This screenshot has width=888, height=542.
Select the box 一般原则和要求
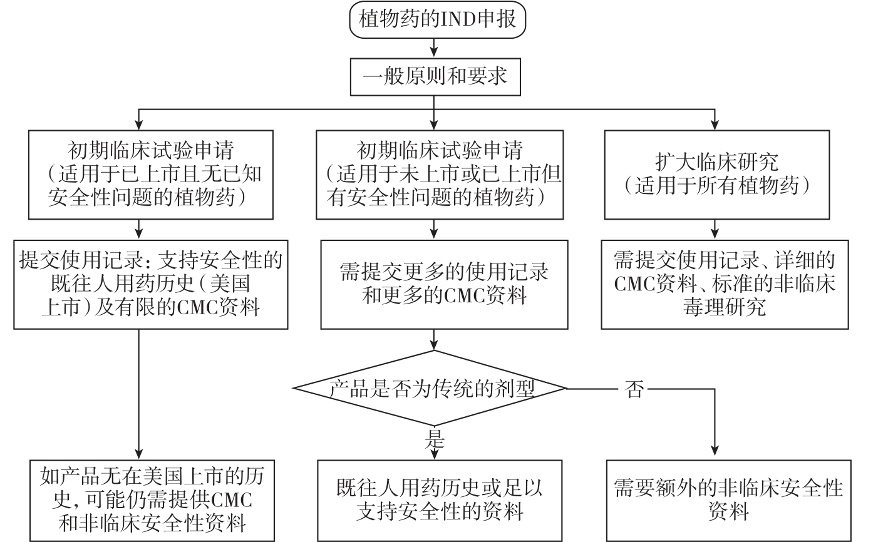pyautogui.click(x=435, y=76)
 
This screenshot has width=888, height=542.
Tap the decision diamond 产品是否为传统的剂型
pyautogui.click(x=431, y=389)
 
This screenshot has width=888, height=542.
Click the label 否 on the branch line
pyautogui.click(x=634, y=389)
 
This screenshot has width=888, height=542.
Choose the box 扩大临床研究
pyautogui.click(x=716, y=174)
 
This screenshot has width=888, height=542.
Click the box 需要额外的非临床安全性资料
pyautogui.click(x=728, y=501)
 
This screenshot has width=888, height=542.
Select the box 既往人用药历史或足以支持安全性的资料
pyautogui.click(x=439, y=501)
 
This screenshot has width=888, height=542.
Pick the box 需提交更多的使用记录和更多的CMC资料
pyautogui.click(x=444, y=284)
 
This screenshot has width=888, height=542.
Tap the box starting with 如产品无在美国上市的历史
pyautogui.click(x=152, y=500)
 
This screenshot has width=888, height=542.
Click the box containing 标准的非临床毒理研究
pyautogui.click(x=725, y=284)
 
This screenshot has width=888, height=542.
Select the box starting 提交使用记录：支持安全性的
pyautogui.click(x=151, y=284)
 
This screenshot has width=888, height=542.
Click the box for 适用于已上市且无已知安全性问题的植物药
pyautogui.click(x=151, y=174)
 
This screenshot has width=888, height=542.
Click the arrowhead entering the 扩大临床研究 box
pyautogui.click(x=713, y=124)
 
